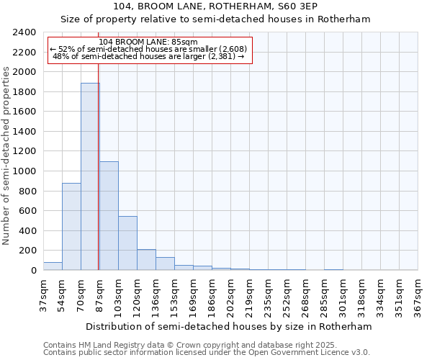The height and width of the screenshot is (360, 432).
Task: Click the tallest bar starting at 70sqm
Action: [x=90, y=176]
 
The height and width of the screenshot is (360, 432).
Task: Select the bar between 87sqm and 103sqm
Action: [x=109, y=216]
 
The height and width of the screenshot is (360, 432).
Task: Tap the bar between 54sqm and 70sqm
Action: [x=71, y=227]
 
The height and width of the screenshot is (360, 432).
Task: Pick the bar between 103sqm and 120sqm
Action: [x=127, y=243]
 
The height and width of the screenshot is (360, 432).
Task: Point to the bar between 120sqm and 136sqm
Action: [x=146, y=260]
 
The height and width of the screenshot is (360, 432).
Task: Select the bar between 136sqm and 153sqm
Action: [x=165, y=264]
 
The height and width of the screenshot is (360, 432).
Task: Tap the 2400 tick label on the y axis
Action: [x=24, y=32]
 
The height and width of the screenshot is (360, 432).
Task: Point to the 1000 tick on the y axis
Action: [x=24, y=171]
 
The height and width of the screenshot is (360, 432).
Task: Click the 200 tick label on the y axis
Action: [x=27, y=251]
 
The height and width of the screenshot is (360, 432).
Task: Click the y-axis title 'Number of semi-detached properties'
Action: [x=6, y=156]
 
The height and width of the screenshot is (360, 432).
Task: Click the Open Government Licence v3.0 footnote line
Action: [x=206, y=352]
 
